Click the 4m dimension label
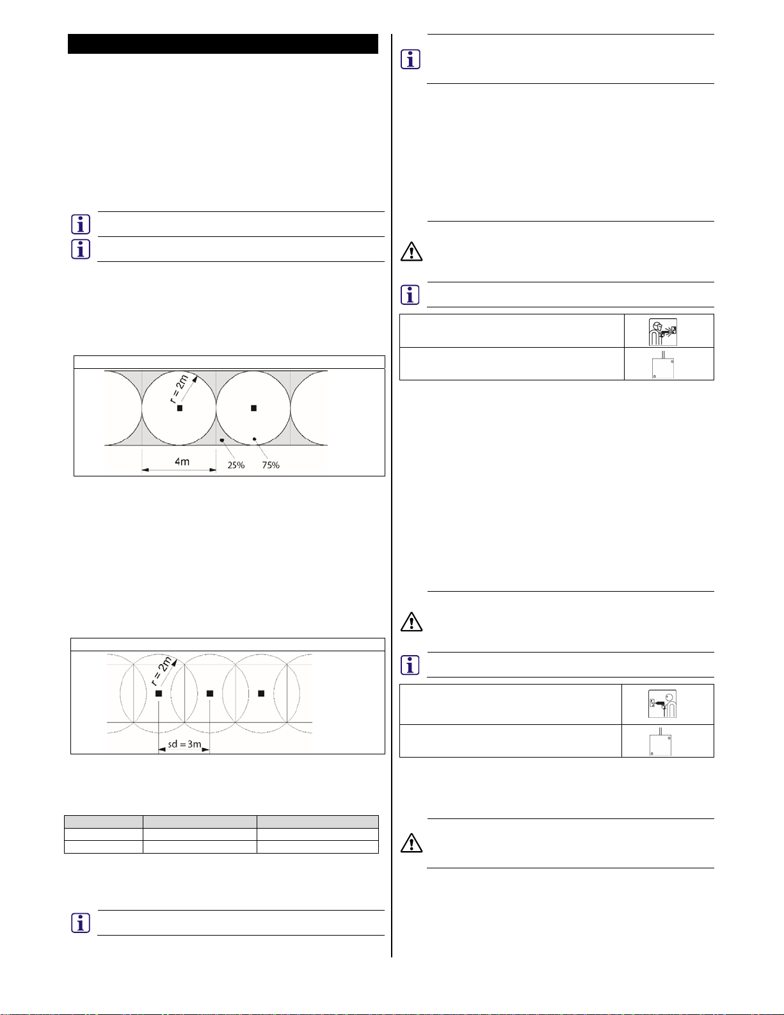pyautogui.click(x=182, y=461)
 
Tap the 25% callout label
pyautogui.click(x=236, y=465)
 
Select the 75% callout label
pyautogui.click(x=271, y=465)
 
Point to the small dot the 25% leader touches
pyautogui.click(x=222, y=441)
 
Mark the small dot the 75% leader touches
pyautogui.click(x=254, y=439)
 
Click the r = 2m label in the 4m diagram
pyautogui.click(x=179, y=389)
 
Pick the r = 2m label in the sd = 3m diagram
pyautogui.click(x=161, y=671)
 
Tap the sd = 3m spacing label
pyautogui.click(x=184, y=745)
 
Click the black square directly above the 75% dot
pyautogui.click(x=253, y=408)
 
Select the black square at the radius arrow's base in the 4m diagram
pyautogui.click(x=180, y=408)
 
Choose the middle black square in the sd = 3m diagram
pyautogui.click(x=210, y=694)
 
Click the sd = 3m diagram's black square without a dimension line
pyautogui.click(x=261, y=694)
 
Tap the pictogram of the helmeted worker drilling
pyautogui.click(x=662, y=332)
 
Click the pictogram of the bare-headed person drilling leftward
pyautogui.click(x=662, y=704)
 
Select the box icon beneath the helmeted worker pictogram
pyautogui.click(x=662, y=366)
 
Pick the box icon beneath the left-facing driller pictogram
pyautogui.click(x=661, y=743)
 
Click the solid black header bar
pyautogui.click(x=223, y=44)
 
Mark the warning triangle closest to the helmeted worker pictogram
pyautogui.click(x=412, y=252)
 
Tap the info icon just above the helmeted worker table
pyautogui.click(x=410, y=295)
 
